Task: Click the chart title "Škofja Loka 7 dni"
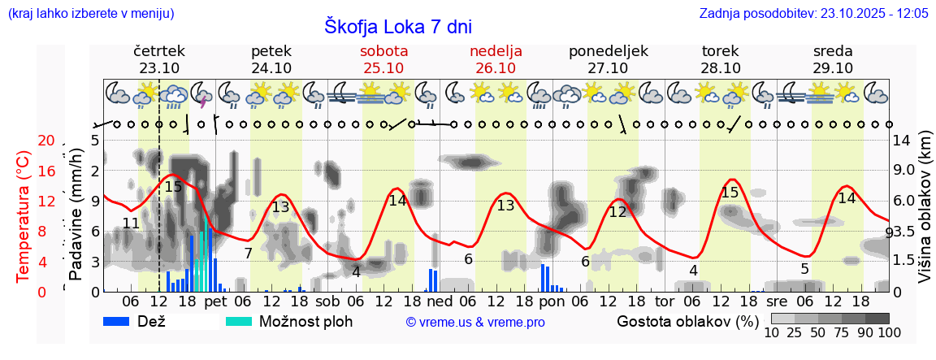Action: click(x=398, y=26)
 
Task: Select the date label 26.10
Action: click(x=496, y=68)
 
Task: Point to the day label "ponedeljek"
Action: click(x=608, y=50)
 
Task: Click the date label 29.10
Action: click(x=833, y=68)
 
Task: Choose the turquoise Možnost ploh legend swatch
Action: click(x=238, y=321)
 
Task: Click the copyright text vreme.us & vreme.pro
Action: click(x=475, y=322)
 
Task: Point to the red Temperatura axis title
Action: click(x=24, y=215)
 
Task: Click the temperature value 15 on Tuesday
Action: click(x=730, y=193)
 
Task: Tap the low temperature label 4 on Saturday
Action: click(x=356, y=272)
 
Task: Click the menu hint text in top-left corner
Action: click(x=90, y=13)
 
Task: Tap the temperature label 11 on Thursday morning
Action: click(x=131, y=223)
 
